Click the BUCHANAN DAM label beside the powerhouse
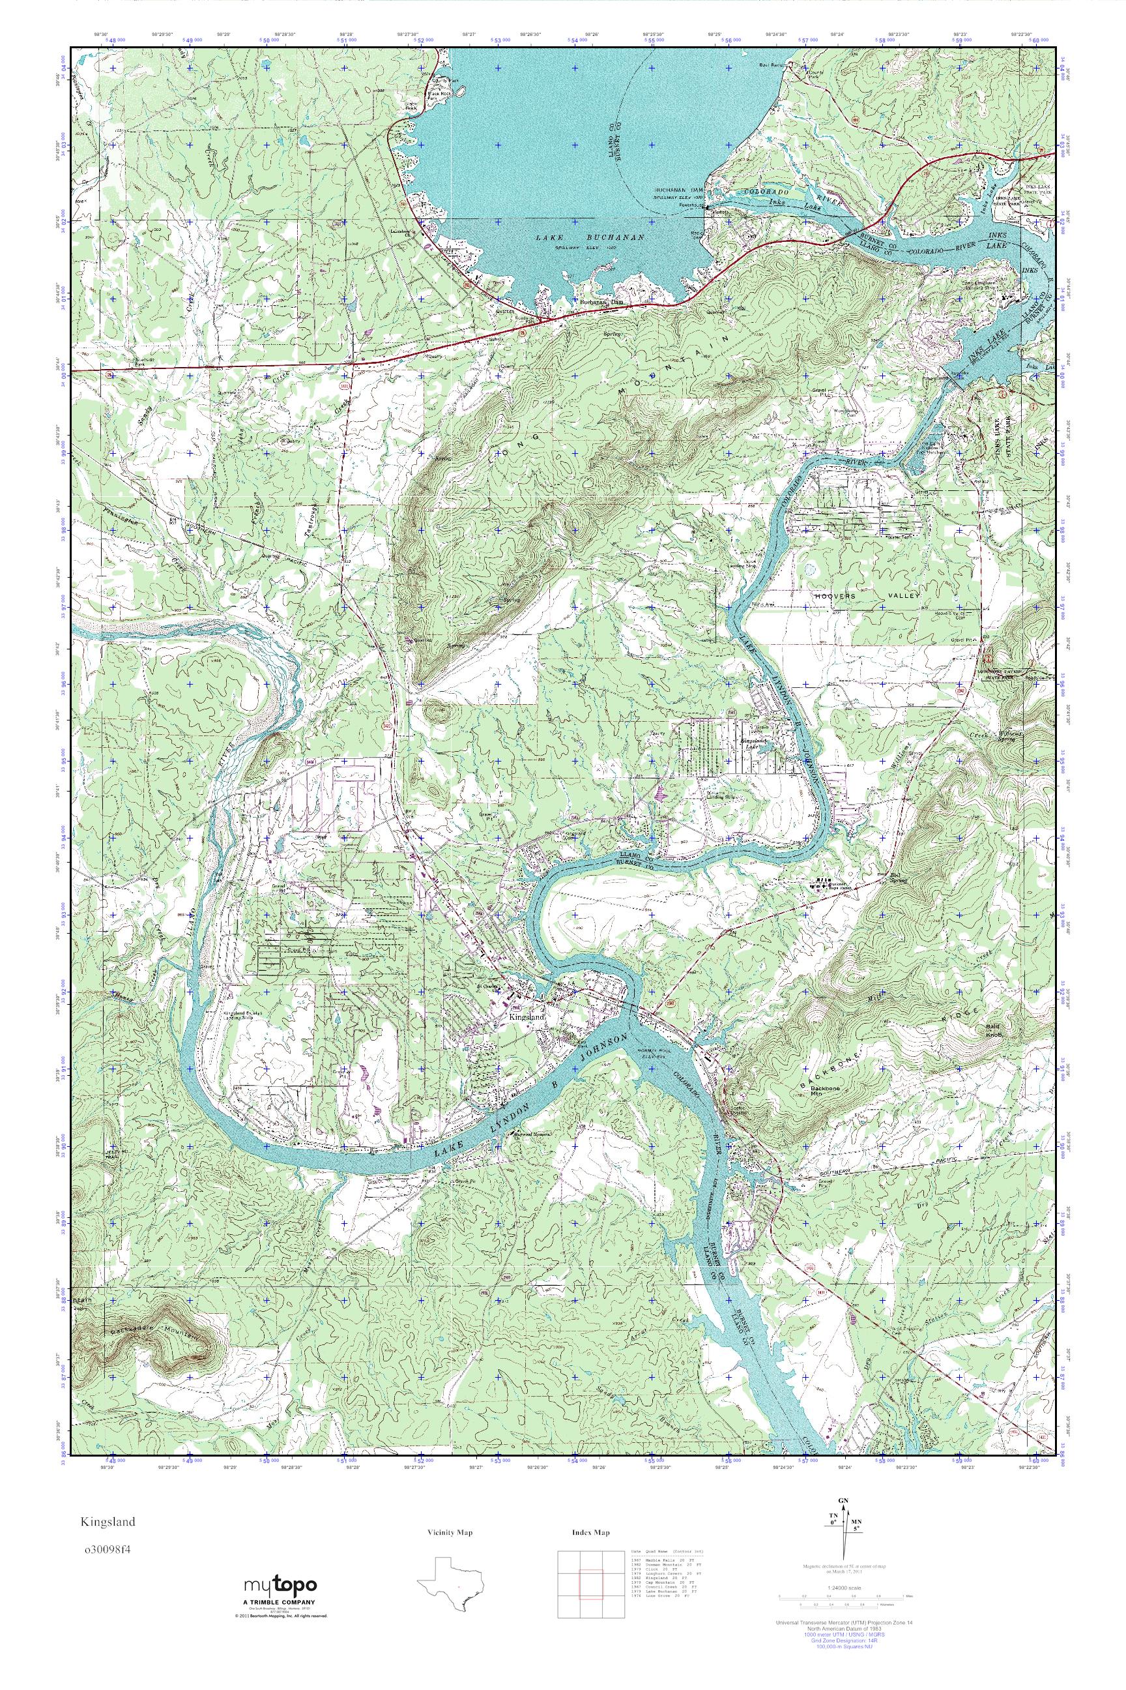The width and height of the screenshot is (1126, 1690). point(680,190)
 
